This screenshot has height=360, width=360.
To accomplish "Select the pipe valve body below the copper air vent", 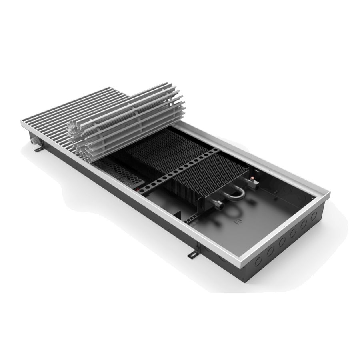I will [x=254, y=185].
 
